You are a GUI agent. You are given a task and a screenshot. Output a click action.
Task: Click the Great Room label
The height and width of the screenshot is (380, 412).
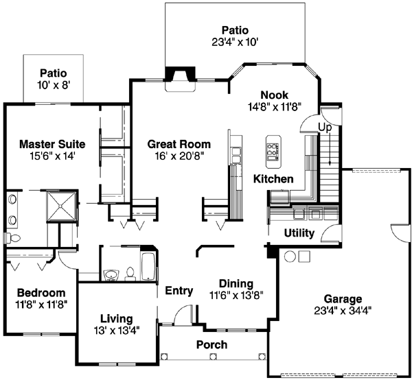tap(179, 144)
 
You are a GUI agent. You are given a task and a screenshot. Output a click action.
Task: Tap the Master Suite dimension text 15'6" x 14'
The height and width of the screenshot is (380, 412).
tap(51, 156)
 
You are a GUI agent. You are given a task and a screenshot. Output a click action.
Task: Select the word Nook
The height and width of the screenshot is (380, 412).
tap(275, 95)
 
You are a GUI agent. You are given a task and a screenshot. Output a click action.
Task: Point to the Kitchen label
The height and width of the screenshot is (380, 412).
tap(273, 179)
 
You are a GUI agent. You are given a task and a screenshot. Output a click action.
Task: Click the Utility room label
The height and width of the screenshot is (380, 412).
tap(299, 233)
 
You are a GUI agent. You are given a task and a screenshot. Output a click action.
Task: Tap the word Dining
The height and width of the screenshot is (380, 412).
tap(236, 283)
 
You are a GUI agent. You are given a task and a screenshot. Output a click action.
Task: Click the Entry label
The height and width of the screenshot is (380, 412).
tap(179, 291)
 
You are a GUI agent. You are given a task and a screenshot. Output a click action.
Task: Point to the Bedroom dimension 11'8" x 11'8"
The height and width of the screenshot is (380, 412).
tap(41, 303)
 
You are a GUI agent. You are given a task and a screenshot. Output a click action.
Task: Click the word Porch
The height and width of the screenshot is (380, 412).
tap(211, 344)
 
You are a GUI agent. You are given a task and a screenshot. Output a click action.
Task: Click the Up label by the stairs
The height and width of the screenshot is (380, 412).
tap(325, 127)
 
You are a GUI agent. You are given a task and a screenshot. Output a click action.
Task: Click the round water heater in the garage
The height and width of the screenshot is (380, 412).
tap(290, 257)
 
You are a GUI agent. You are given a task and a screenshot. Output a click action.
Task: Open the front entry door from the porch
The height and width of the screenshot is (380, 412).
tap(180, 316)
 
